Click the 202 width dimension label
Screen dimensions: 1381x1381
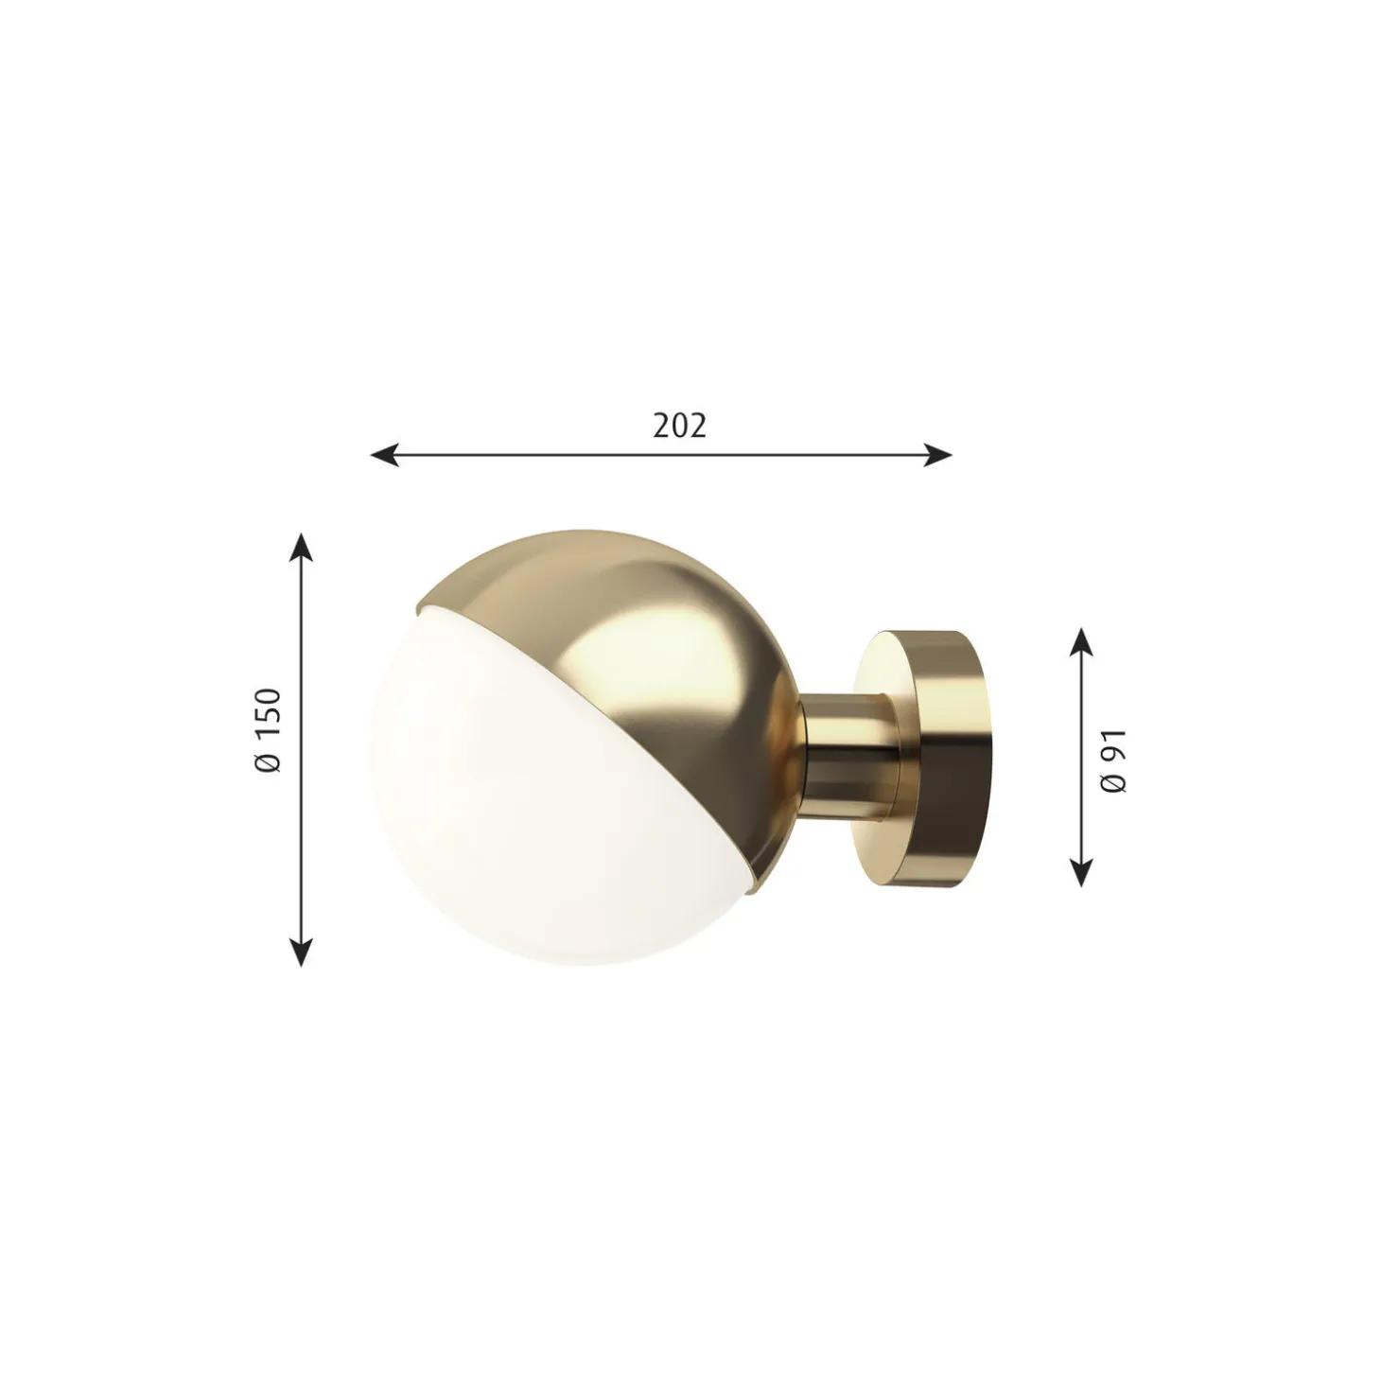[x=678, y=426]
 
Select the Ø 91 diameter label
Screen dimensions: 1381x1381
[x=1113, y=761]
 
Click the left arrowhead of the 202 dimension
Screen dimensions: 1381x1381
[x=385, y=454]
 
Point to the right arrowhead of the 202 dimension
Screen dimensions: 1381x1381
[x=937, y=454]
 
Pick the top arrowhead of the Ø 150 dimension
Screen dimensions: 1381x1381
[x=302, y=547]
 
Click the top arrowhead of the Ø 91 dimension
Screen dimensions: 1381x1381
[x=1081, y=642]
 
